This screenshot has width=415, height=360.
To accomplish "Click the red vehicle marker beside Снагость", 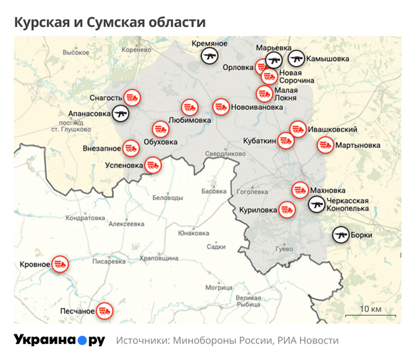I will (x=133, y=98).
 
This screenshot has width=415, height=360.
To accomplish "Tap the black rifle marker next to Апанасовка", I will (x=121, y=113).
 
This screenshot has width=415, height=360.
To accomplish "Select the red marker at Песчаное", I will (x=104, y=310).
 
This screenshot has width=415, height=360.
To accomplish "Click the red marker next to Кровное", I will (x=60, y=264).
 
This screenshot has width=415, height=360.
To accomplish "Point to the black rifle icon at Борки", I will (x=340, y=235).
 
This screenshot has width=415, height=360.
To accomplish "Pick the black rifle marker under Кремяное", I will (x=210, y=56).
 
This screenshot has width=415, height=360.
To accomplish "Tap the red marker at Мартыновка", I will (x=324, y=145).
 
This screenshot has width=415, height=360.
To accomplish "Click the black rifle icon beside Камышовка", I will (x=296, y=59).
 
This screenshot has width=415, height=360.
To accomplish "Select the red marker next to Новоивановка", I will (x=221, y=107).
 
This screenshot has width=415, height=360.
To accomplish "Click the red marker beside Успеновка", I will (x=154, y=165).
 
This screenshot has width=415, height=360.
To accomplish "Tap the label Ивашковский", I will (x=333, y=129).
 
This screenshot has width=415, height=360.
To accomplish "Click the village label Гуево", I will (x=284, y=249).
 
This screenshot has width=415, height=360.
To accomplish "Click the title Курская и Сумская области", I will (x=111, y=23).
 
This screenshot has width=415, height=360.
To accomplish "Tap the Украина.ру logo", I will (x=59, y=340).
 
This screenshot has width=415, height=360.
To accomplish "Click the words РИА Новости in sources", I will (x=308, y=341).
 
